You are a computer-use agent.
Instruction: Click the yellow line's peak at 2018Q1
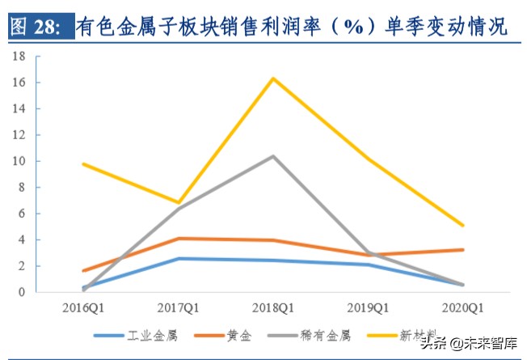273,78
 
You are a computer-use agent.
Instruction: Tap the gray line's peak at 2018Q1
273,156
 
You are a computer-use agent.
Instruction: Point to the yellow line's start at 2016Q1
84,164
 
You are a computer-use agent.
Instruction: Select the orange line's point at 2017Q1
179,239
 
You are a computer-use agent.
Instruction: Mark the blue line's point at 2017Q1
179,259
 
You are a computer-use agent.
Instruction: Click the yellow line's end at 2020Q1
462,226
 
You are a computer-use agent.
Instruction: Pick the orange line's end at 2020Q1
462,250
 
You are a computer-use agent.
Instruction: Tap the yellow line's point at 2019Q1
368,159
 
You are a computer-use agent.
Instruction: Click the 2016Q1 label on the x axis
84,308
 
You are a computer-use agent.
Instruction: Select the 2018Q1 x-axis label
273,308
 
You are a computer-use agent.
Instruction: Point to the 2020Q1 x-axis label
462,308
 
